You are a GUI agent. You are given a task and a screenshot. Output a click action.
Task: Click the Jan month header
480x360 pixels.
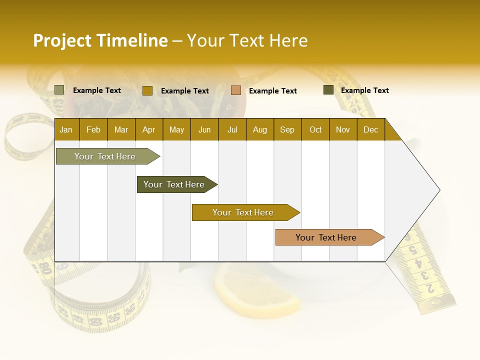point(66,130)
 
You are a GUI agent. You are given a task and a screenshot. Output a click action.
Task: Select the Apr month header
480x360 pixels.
point(148,130)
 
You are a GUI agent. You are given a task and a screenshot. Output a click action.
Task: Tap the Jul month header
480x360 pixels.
point(232,130)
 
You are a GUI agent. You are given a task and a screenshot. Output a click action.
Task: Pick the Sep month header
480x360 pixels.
point(287,130)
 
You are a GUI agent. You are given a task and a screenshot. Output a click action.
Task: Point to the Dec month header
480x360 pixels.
point(370,130)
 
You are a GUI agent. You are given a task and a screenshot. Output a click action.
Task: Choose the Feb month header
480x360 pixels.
point(93,130)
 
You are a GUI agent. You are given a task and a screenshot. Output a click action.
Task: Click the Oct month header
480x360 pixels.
point(315,130)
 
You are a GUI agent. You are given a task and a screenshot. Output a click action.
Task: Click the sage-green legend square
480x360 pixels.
point(59,90)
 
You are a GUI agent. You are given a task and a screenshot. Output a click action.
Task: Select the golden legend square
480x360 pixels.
point(147,90)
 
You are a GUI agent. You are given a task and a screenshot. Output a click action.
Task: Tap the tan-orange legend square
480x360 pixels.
point(236,90)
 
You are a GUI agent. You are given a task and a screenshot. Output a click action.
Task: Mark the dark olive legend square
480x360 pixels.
point(328,90)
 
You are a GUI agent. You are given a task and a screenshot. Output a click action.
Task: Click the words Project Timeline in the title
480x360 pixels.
point(100,40)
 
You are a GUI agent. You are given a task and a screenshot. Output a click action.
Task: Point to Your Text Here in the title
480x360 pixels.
point(247,40)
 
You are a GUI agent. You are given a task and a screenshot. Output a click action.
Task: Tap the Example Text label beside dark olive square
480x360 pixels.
point(364,90)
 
